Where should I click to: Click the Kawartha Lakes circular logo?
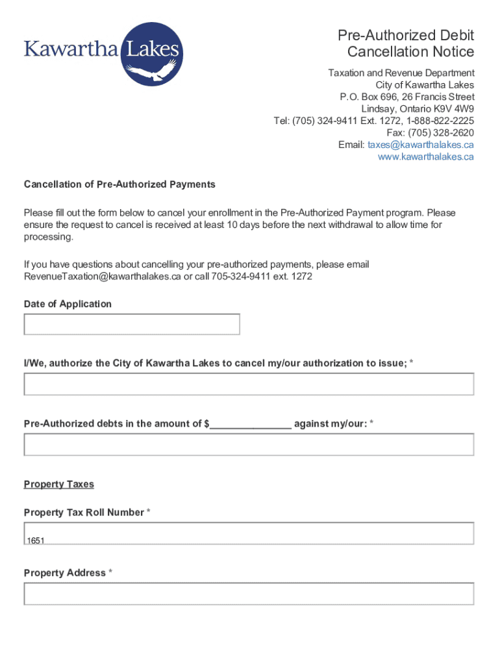(153, 54)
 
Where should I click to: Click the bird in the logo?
(164, 69)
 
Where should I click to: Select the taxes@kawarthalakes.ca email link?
(421, 145)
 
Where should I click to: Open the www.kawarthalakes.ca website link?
(426, 157)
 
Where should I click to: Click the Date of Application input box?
(132, 324)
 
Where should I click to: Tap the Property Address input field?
(249, 594)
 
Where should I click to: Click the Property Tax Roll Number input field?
(249, 533)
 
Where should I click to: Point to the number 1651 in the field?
(35, 540)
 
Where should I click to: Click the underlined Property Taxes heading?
(59, 484)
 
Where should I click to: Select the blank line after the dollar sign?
(251, 424)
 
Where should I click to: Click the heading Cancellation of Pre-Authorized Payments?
(119, 184)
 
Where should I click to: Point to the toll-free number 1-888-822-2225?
(440, 121)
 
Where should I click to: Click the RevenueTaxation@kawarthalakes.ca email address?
(102, 276)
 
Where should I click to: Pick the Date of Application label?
(68, 304)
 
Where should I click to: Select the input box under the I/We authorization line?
(249, 384)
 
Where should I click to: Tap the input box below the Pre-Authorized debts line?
(249, 444)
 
